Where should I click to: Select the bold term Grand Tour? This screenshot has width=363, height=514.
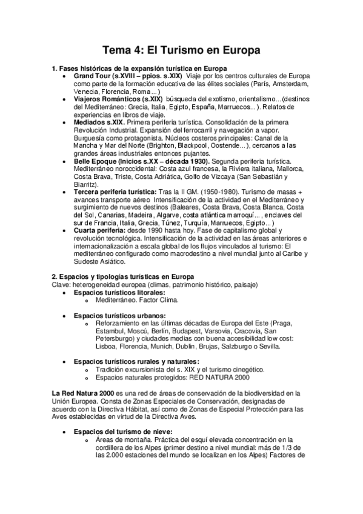[x=93, y=76]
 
